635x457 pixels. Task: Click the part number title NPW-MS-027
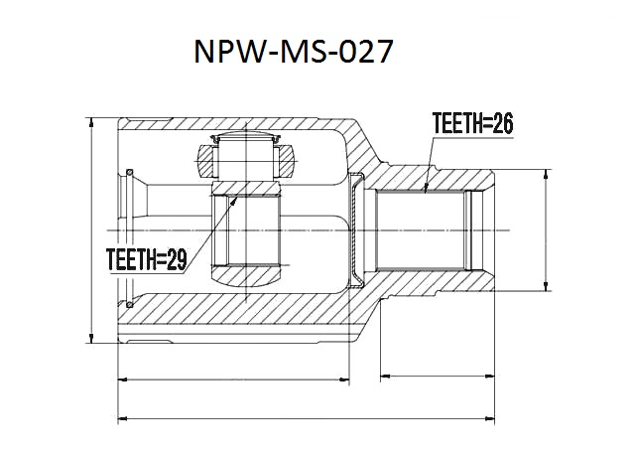294,52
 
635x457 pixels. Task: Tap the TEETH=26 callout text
472,123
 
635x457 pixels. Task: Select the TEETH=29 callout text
146,259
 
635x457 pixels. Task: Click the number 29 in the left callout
176,259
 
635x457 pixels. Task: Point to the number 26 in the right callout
502,123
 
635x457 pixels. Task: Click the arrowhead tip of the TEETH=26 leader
425,192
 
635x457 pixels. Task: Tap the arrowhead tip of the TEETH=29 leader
237,197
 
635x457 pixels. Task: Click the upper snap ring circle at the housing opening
130,172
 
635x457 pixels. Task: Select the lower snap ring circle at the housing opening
130,304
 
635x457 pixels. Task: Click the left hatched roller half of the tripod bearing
205,161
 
